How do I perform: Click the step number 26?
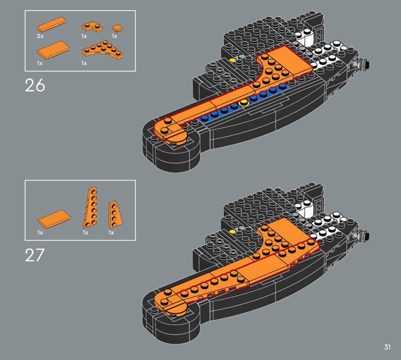(35, 85)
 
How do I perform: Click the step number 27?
(35, 255)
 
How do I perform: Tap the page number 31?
(387, 347)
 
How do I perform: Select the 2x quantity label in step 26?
(40, 36)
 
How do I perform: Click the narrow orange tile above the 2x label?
(52, 24)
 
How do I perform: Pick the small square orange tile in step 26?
(118, 28)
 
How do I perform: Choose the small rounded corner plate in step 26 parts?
(92, 27)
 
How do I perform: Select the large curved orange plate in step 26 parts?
(103, 50)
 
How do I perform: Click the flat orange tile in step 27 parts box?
(54, 219)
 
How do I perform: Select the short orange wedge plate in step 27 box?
(115, 215)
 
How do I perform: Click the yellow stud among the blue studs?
(244, 104)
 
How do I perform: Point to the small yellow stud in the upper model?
(232, 60)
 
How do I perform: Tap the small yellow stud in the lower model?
(232, 232)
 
